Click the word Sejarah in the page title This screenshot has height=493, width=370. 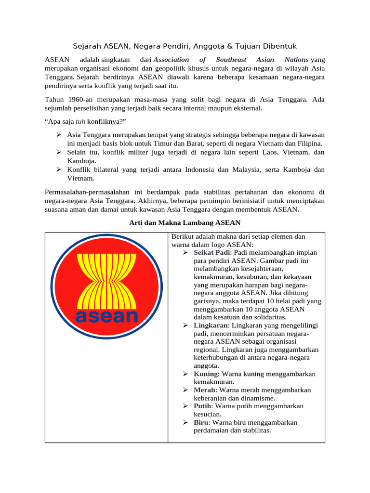point(87,46)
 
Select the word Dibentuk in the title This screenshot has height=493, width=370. point(279,46)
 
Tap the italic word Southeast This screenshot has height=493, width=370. point(231,60)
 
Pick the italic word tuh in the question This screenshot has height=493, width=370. point(80,122)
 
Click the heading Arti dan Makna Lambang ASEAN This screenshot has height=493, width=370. point(185,222)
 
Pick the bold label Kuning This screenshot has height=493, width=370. point(206,374)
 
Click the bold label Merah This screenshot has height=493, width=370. point(205,390)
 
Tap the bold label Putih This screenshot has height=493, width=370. point(203,406)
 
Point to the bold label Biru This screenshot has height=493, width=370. point(201,422)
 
